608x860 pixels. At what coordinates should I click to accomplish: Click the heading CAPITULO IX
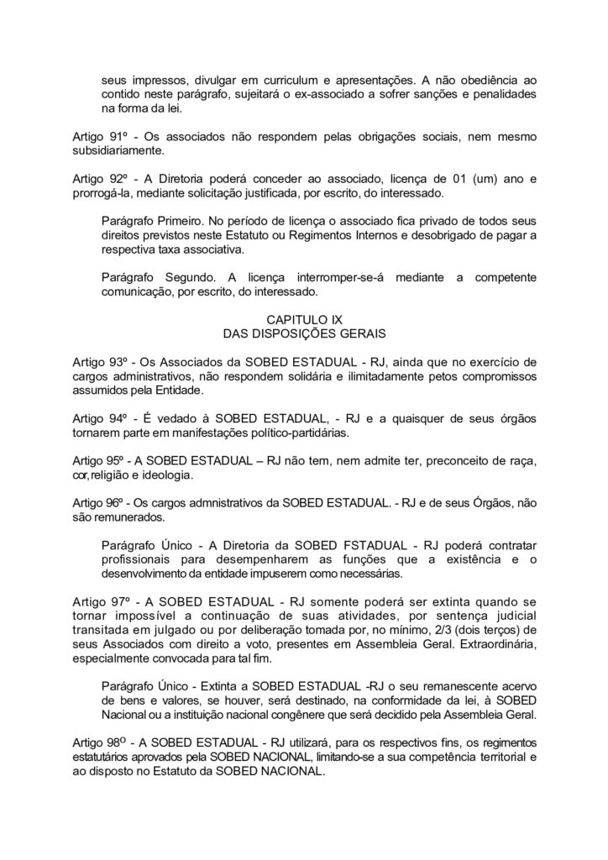click(303, 320)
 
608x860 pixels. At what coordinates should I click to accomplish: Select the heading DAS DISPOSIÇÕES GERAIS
click(303, 334)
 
